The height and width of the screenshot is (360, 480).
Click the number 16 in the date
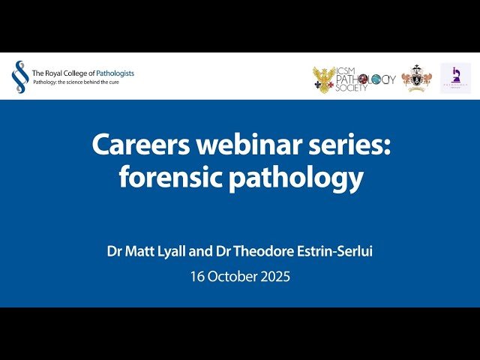197,276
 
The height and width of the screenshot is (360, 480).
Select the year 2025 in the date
275,276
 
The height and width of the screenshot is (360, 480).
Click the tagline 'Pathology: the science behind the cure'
76,82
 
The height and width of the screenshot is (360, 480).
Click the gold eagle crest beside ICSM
325,79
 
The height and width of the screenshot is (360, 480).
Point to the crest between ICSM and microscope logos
416,79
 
